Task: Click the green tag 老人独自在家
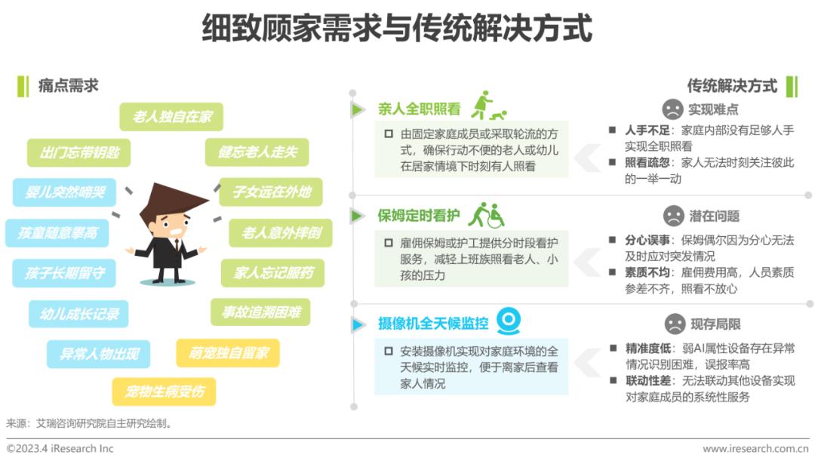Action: (x=171, y=116)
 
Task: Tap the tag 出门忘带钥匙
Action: (x=79, y=152)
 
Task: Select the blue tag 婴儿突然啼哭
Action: (x=64, y=192)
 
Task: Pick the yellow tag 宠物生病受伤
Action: (x=165, y=392)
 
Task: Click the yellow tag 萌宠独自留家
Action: (x=228, y=353)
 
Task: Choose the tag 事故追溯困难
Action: (x=261, y=312)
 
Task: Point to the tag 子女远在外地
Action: (x=272, y=192)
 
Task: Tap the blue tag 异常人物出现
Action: (x=99, y=355)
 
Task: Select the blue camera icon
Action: (x=509, y=321)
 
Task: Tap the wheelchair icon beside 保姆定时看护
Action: (x=495, y=216)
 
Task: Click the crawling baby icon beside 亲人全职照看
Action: (x=499, y=115)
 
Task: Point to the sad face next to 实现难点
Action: (x=672, y=109)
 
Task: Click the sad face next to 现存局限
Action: (x=675, y=324)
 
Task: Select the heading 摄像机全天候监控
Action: (x=433, y=324)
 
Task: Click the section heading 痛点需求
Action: (x=68, y=86)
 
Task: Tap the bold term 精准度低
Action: (x=648, y=349)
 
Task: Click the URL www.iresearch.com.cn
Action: (x=755, y=448)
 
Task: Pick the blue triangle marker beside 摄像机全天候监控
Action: (x=358, y=324)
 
